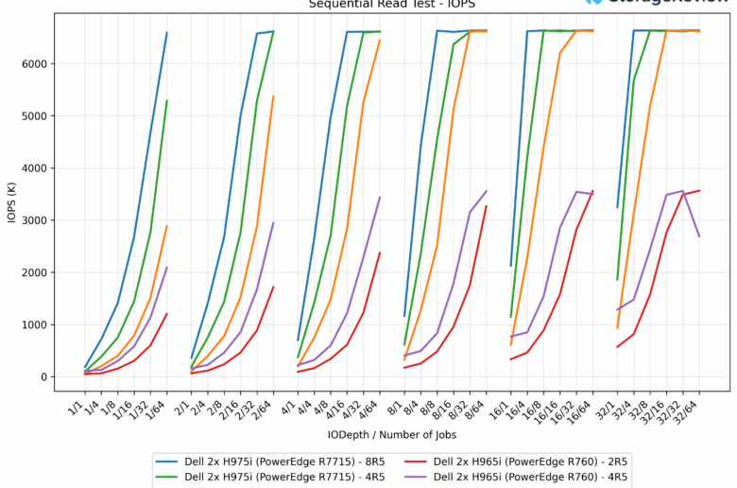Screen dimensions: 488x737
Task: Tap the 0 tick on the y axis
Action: (x=45, y=377)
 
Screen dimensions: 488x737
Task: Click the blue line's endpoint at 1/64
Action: (x=167, y=33)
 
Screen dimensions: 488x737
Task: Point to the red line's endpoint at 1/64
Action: (x=167, y=314)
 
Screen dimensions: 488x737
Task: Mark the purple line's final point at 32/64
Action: (x=699, y=236)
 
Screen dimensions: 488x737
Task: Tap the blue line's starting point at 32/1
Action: (x=618, y=207)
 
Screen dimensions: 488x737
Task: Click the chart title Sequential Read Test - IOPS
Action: (x=368, y=4)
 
